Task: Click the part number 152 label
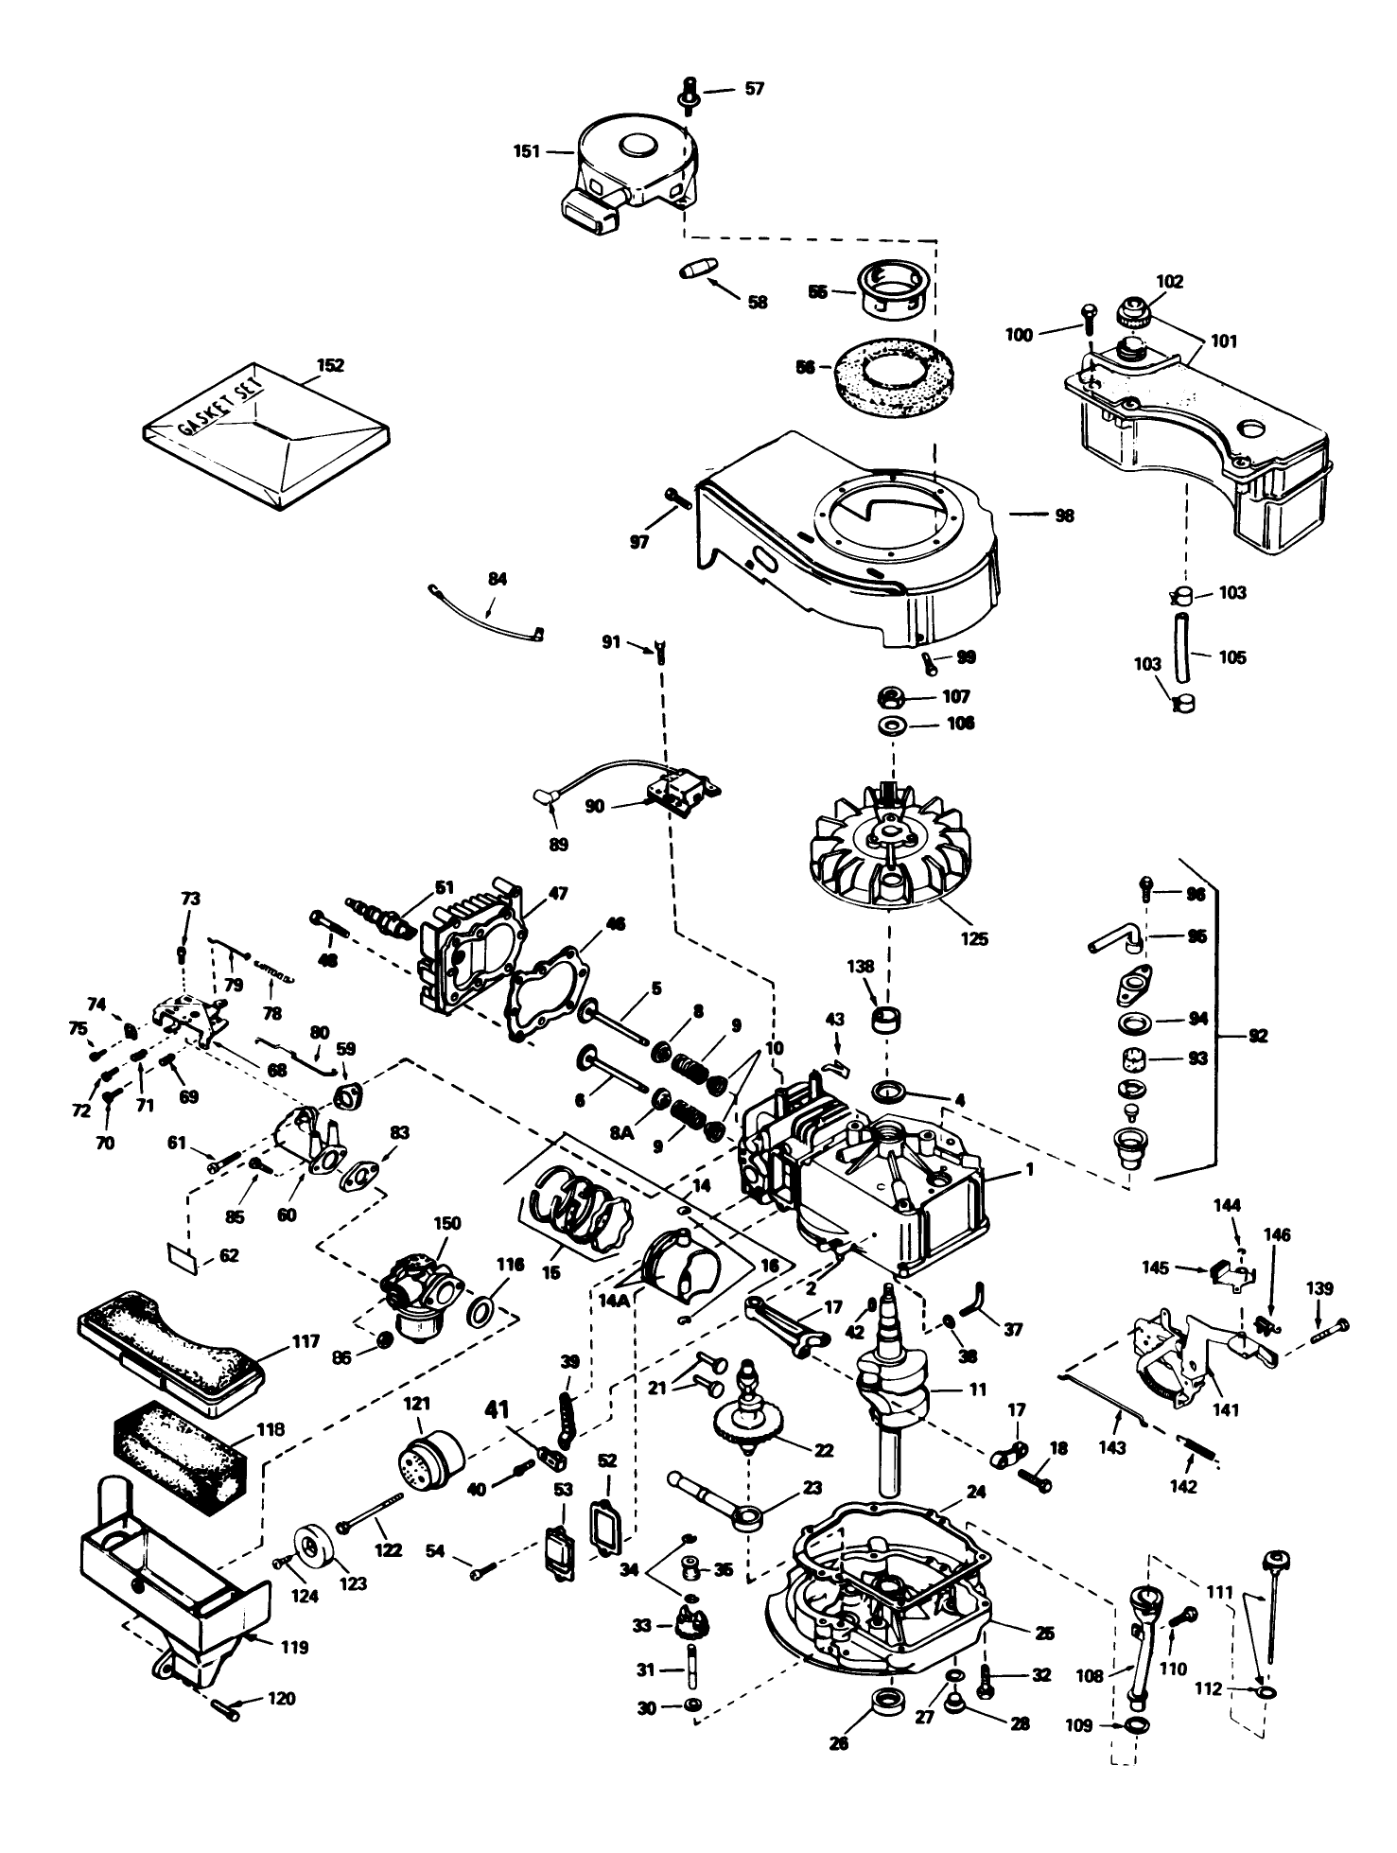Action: (330, 365)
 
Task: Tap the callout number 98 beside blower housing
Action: (1063, 516)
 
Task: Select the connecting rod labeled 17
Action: (788, 1320)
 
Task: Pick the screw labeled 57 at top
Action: (689, 94)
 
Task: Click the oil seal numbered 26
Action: (888, 1705)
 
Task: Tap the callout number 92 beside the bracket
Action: (1257, 1036)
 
